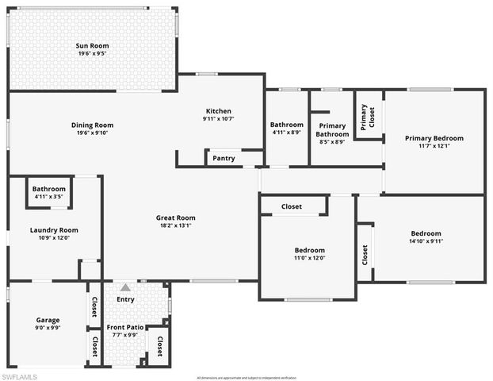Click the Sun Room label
pyautogui.click(x=92, y=46)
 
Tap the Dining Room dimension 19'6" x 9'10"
pyautogui.click(x=92, y=133)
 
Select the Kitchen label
pyautogui.click(x=218, y=111)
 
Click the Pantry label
pyautogui.click(x=224, y=158)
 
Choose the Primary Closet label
pyautogui.click(x=369, y=117)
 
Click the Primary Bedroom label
pyautogui.click(x=434, y=138)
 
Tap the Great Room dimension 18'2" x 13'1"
pyautogui.click(x=175, y=226)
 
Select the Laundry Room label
pyautogui.click(x=54, y=230)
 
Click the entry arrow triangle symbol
pyautogui.click(x=125, y=287)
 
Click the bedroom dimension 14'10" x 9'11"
pyautogui.click(x=426, y=242)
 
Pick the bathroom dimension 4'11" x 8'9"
pyautogui.click(x=286, y=133)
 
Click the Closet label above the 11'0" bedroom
pyautogui.click(x=292, y=206)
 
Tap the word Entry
pyautogui.click(x=125, y=299)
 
